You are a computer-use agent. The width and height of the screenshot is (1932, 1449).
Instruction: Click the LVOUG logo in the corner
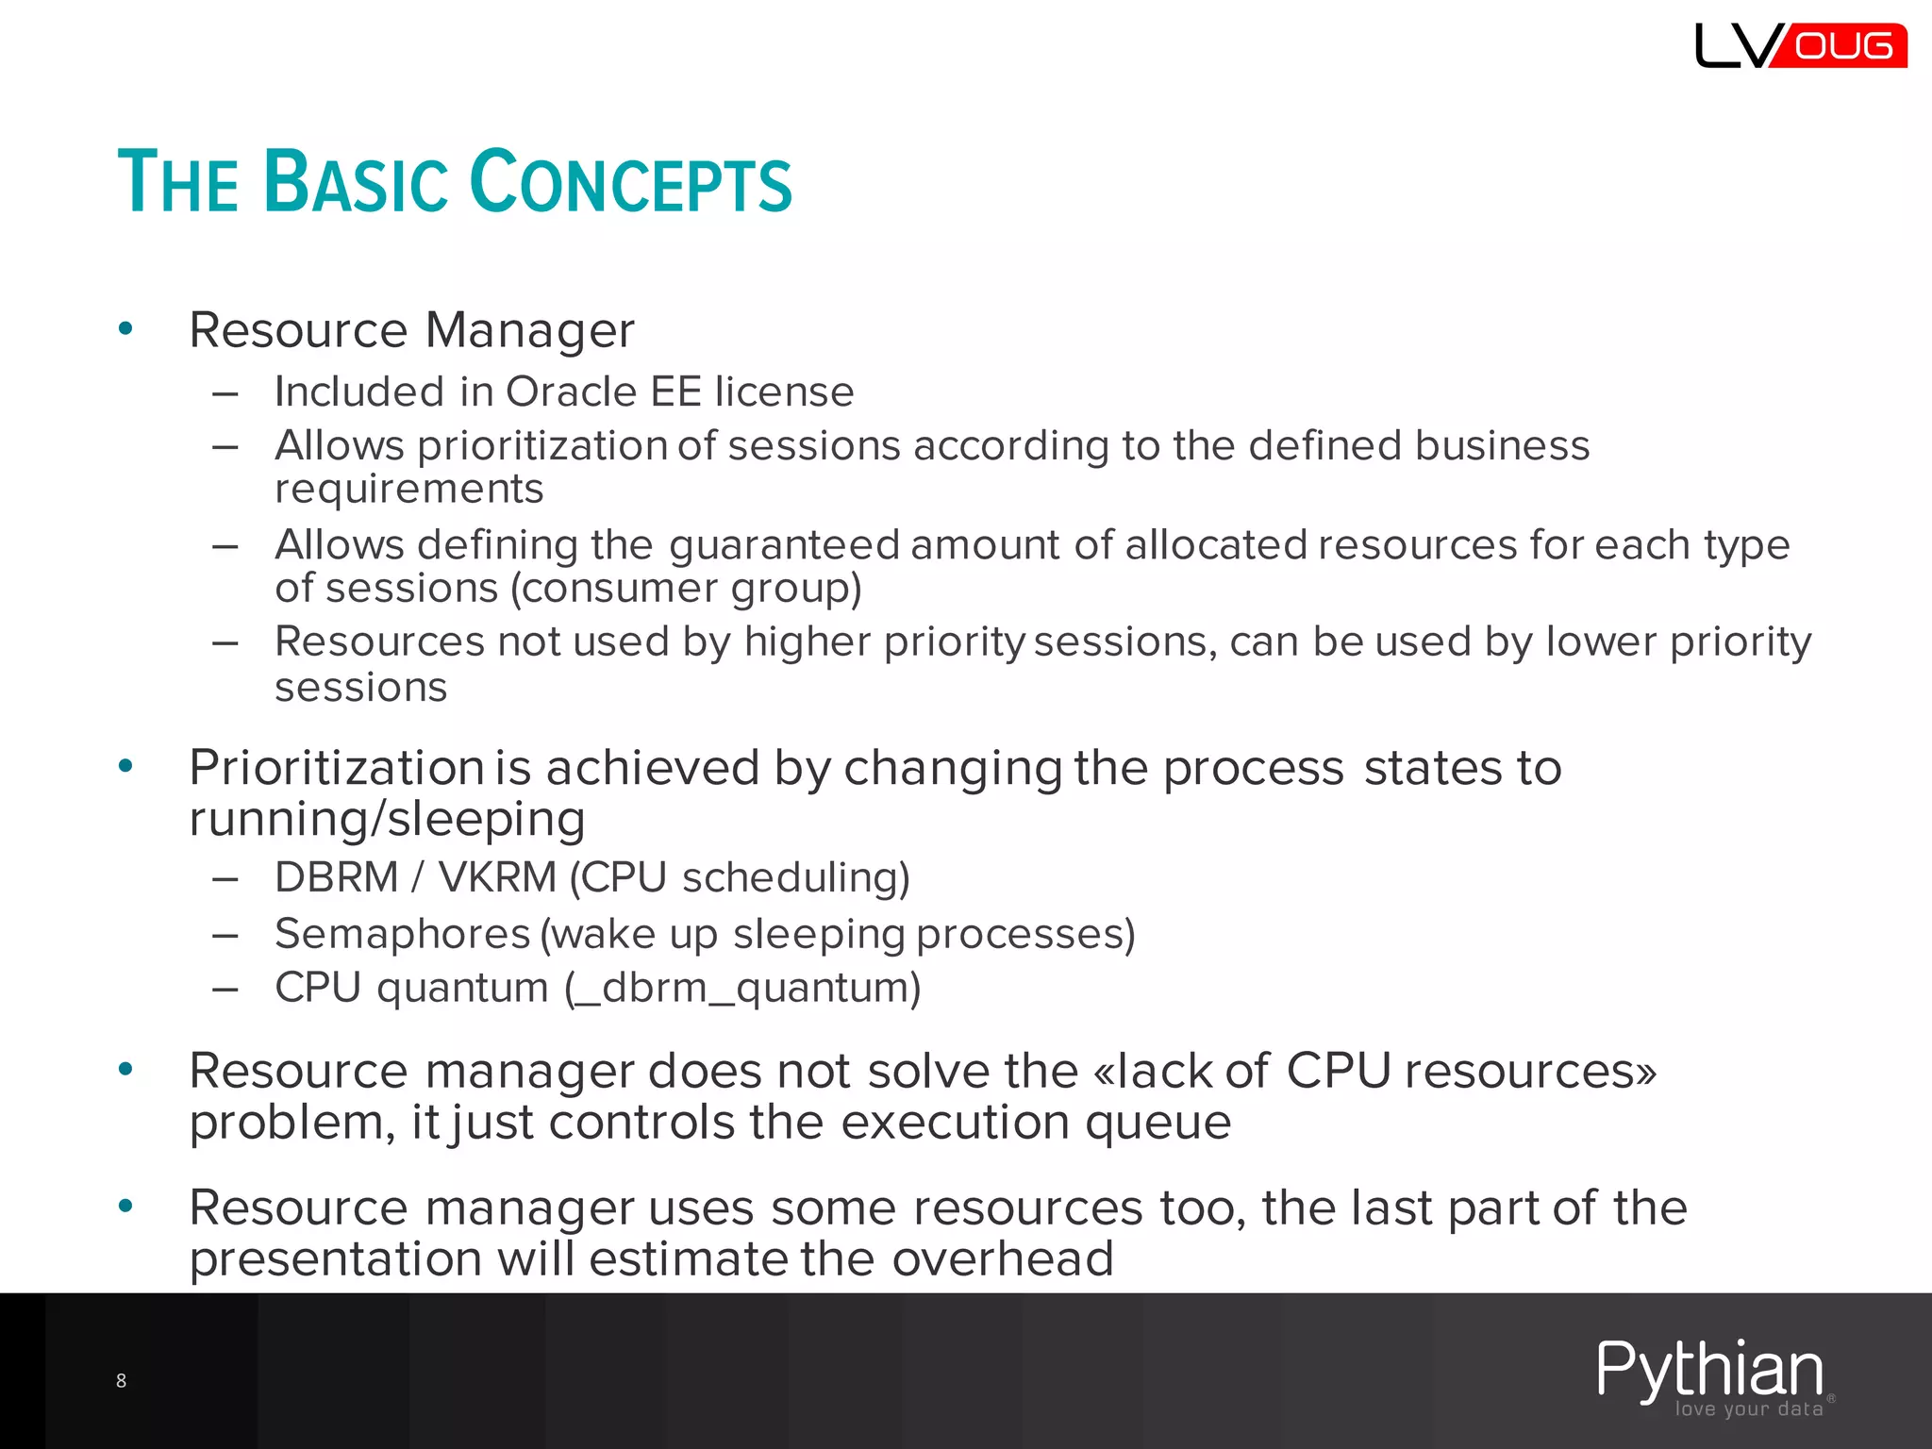(x=1800, y=46)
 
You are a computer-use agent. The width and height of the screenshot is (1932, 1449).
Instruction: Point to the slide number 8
(x=121, y=1381)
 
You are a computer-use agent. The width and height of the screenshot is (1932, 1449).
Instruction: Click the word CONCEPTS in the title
(x=630, y=182)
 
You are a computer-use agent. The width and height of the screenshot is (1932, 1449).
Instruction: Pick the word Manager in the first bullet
(x=529, y=330)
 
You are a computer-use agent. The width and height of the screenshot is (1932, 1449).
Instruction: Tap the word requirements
(x=408, y=489)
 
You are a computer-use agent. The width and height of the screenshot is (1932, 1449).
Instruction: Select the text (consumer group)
(x=686, y=589)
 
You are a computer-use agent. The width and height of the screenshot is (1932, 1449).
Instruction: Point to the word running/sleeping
(x=387, y=819)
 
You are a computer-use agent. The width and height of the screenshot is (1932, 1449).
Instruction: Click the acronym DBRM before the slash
(x=336, y=877)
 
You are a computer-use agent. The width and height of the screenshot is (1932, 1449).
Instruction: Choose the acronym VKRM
(x=497, y=877)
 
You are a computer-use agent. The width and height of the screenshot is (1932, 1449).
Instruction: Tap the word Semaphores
(x=403, y=934)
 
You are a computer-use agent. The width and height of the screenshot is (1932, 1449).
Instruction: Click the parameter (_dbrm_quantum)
(x=742, y=988)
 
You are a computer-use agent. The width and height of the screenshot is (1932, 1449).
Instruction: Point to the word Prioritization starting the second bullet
(x=336, y=768)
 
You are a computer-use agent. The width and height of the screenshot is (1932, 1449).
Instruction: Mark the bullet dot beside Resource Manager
(x=125, y=328)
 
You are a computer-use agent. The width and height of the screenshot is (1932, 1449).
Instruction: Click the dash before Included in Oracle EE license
(x=225, y=392)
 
